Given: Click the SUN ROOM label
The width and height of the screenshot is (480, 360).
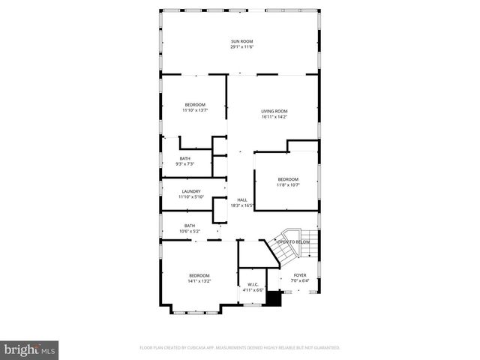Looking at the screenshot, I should pos(240,41).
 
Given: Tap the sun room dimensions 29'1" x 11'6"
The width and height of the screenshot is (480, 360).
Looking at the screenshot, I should pos(240,47).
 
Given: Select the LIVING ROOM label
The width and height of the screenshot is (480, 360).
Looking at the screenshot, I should pos(274,111).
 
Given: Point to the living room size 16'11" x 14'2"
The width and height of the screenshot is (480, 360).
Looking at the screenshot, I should pos(274,117).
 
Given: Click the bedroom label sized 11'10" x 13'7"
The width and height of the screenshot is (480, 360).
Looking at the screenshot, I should pos(194,104).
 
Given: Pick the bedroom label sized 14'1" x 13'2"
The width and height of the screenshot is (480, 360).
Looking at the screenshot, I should pos(199,275).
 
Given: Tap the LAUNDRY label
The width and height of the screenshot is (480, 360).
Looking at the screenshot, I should pos(191,191).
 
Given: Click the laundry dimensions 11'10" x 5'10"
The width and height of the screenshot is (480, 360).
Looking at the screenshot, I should pos(191,197).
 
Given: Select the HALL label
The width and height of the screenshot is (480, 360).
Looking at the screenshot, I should pos(242,199).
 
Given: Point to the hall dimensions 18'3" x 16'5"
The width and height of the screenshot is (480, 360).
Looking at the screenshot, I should pos(242,205).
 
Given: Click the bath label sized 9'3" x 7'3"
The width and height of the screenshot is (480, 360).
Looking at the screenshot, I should pos(184,157).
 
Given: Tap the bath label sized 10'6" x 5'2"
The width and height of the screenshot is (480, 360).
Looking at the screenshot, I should pos(190,225).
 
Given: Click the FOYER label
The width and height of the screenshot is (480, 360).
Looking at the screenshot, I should pos(300,275).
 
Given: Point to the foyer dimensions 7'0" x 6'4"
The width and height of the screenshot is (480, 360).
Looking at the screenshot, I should pos(300,281).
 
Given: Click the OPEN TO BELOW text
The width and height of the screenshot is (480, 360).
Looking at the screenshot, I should pos(293,241).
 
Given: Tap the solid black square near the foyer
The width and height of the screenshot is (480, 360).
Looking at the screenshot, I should pos(274,298).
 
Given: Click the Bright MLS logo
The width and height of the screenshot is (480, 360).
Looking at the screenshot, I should pos(30,349).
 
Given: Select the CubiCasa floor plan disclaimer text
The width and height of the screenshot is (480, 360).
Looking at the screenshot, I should pos(240,348).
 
